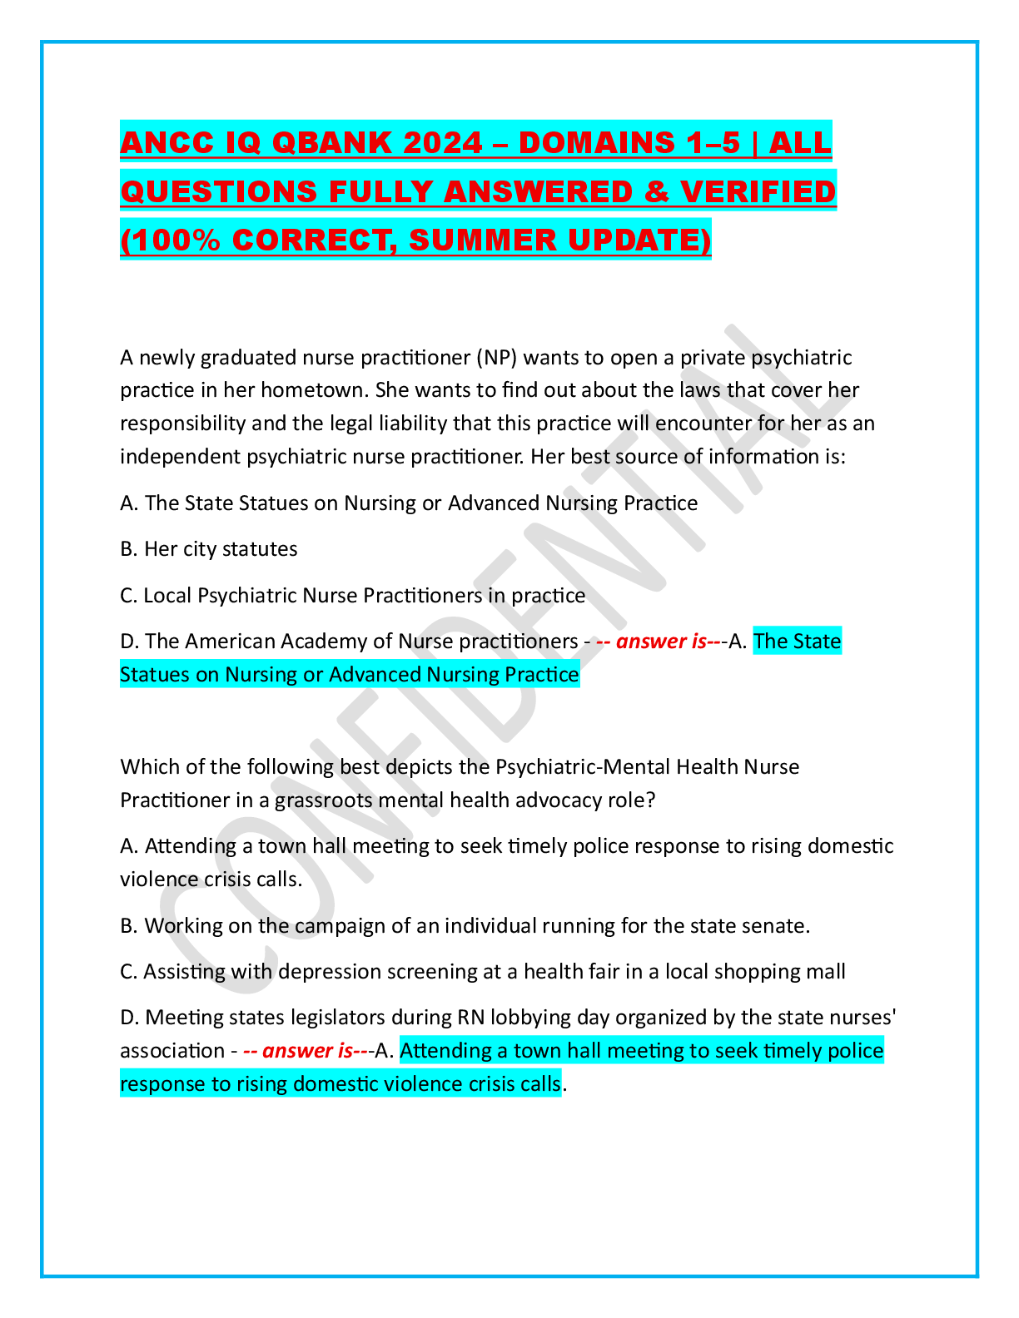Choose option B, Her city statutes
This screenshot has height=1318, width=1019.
pos(209,549)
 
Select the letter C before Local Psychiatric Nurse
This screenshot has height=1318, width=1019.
pos(127,596)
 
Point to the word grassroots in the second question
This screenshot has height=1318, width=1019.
pos(323,800)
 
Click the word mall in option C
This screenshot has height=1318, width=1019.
pos(826,972)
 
